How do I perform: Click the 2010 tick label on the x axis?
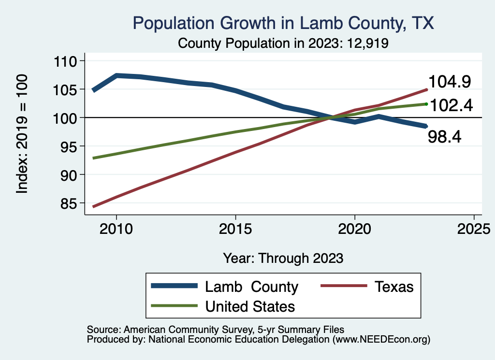tap(116, 229)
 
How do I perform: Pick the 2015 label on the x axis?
tap(235, 229)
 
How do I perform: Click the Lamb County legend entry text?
tap(251, 287)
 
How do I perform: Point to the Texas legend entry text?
tap(394, 287)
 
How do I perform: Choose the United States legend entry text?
tap(250, 306)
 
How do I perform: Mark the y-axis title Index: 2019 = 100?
tap(22, 134)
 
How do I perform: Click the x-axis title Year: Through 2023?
tap(283, 258)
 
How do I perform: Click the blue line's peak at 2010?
tap(116, 75)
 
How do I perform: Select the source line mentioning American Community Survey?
tap(216, 330)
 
